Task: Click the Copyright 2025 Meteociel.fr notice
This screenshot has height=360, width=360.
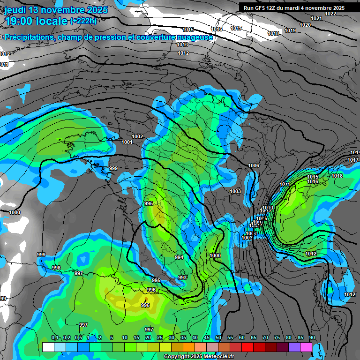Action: point(199,356)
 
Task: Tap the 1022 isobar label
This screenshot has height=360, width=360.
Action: point(330,13)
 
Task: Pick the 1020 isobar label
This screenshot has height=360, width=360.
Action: point(305,25)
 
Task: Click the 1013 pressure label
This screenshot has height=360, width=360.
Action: point(183,45)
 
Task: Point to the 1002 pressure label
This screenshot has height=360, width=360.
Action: point(137,136)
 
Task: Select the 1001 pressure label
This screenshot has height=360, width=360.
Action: point(127,142)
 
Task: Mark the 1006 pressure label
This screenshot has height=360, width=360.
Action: point(254,165)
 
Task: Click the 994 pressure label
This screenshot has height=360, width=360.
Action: point(179,258)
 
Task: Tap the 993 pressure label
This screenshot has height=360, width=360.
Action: point(182,277)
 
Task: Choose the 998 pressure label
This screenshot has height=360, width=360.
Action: point(56,268)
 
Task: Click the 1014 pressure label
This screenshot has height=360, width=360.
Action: point(355,152)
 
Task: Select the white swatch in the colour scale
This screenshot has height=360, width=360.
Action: point(48,347)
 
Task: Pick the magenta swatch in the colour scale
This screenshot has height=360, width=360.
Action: point(306,347)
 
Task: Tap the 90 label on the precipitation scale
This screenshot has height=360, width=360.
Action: point(312,337)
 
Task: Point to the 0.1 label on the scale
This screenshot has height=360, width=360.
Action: point(54,337)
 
